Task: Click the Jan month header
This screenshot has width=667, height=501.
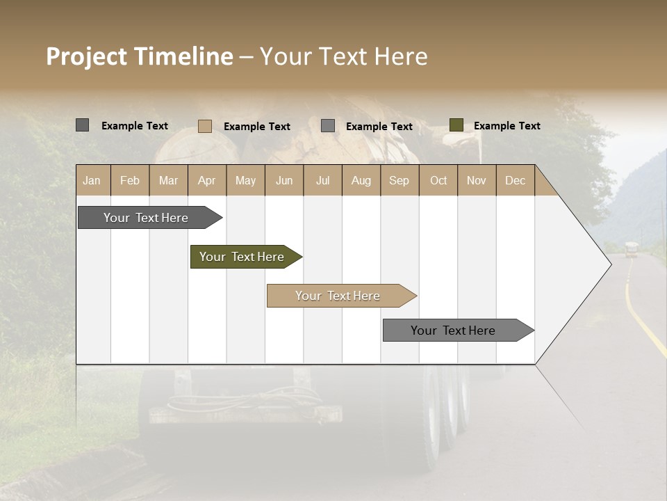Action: click(x=92, y=180)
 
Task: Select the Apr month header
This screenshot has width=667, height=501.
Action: click(x=206, y=180)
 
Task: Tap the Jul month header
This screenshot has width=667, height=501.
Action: click(x=322, y=180)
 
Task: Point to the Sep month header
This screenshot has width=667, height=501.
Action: click(x=399, y=180)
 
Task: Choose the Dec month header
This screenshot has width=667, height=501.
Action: click(x=515, y=180)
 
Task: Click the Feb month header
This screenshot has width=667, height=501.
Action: click(x=130, y=180)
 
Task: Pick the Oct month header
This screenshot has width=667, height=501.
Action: click(x=438, y=180)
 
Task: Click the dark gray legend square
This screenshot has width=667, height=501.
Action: click(x=83, y=125)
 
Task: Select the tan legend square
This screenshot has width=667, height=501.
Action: click(x=205, y=126)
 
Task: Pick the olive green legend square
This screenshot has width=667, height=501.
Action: click(x=456, y=125)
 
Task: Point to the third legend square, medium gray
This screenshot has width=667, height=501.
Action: click(x=328, y=126)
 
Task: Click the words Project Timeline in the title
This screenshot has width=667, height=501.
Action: click(x=140, y=56)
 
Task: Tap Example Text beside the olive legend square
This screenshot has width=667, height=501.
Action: click(x=507, y=126)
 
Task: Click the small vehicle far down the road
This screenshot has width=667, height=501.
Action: click(x=631, y=249)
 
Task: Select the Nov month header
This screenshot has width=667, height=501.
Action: click(x=477, y=180)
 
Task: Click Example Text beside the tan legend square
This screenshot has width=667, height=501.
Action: click(x=256, y=127)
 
